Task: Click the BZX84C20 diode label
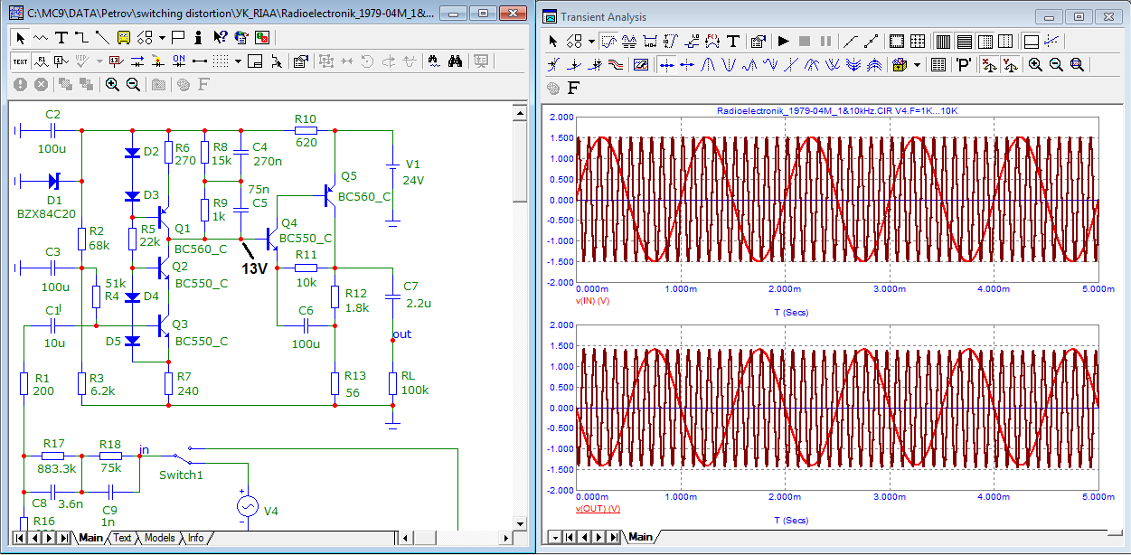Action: click(46, 213)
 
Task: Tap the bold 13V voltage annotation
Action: click(254, 268)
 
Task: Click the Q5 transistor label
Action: click(349, 175)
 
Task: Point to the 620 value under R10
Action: click(306, 142)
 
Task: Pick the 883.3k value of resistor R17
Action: click(56, 469)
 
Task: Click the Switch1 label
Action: click(181, 475)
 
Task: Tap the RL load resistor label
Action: click(409, 375)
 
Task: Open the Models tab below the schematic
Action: click(160, 538)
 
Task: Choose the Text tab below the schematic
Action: click(122, 538)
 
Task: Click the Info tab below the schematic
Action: click(195, 538)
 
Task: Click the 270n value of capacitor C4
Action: click(267, 161)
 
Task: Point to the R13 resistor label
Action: click(355, 375)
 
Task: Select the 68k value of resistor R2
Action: click(99, 245)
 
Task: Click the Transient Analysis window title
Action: click(603, 17)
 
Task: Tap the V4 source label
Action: click(270, 511)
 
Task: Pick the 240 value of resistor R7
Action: click(187, 390)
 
